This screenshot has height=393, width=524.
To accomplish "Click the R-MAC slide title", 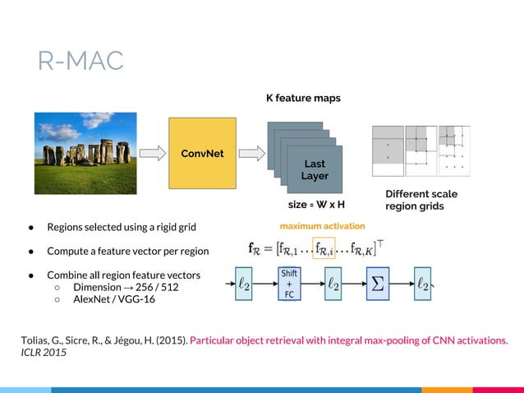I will [x=80, y=60].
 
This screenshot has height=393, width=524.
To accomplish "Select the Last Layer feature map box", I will [x=314, y=170].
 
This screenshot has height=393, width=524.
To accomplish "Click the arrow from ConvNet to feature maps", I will [x=253, y=153].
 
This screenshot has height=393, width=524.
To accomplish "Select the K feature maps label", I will [x=302, y=99].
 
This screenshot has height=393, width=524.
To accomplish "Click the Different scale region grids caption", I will [x=421, y=200].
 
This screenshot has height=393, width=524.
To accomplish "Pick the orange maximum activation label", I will [x=322, y=225].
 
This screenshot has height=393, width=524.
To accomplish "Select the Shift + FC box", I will [x=288, y=284].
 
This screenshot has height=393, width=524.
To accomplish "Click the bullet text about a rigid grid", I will [x=122, y=227].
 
